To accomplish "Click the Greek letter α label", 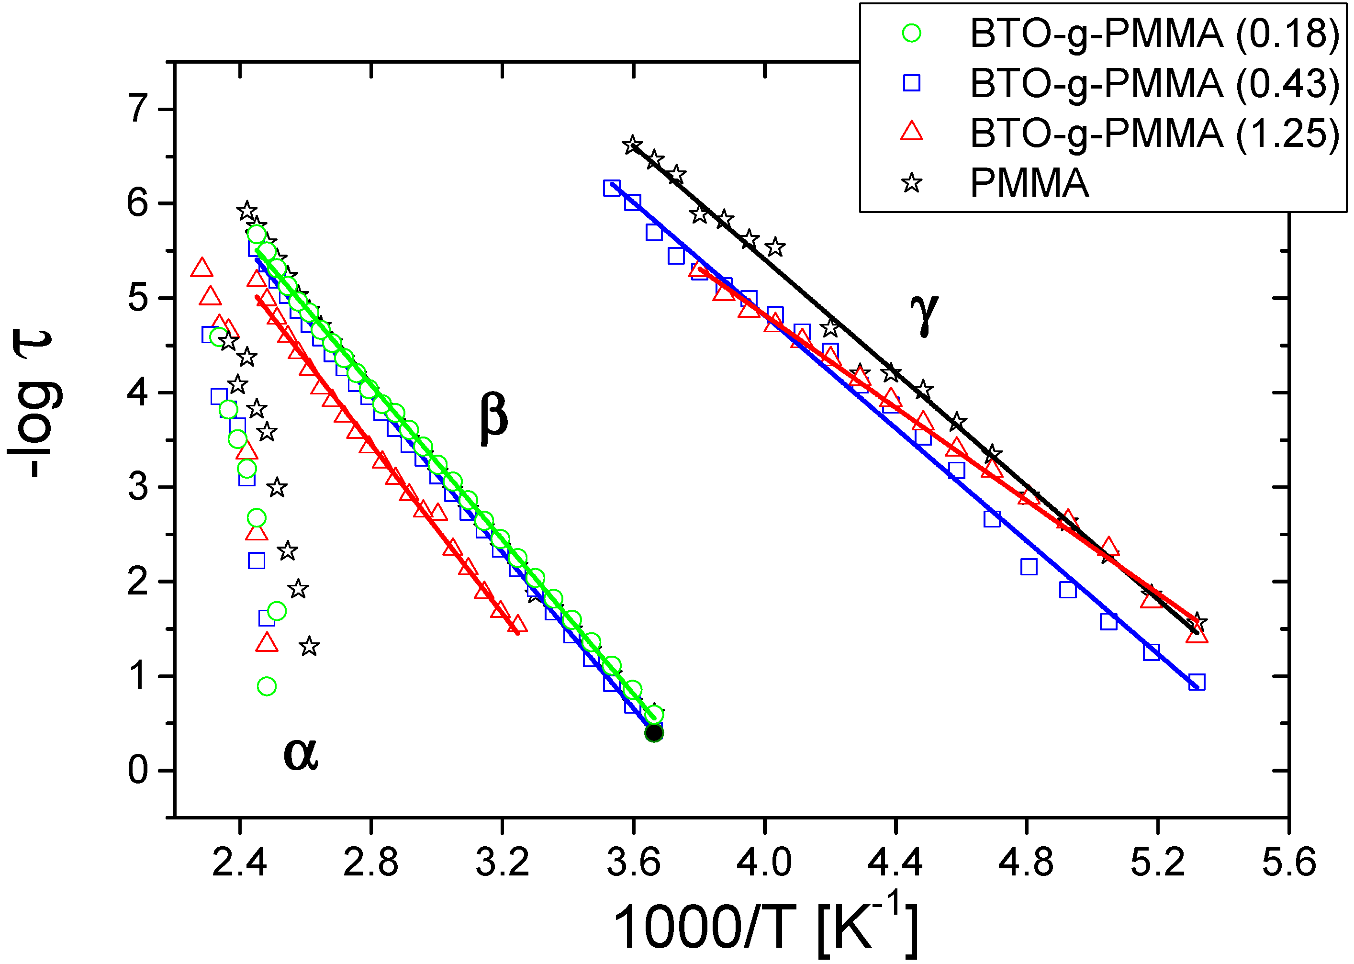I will point(301,754).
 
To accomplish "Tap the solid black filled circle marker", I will point(654,733).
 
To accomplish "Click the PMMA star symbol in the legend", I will point(912,183).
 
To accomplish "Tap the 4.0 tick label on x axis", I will point(764,862).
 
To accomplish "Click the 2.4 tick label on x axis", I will point(239,862).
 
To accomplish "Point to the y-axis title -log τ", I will point(35,404).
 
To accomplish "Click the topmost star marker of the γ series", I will point(632,146).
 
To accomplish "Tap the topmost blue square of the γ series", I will point(612,188).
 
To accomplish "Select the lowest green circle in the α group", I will point(267,686).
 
